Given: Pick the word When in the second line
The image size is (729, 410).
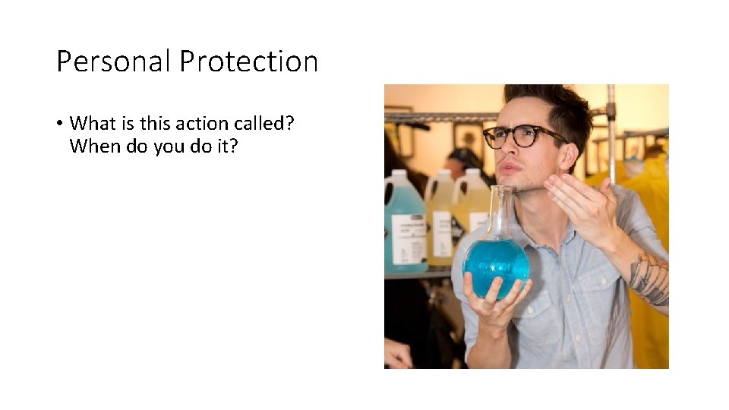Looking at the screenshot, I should [90, 146].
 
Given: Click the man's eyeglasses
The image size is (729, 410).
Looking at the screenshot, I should [516, 136].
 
